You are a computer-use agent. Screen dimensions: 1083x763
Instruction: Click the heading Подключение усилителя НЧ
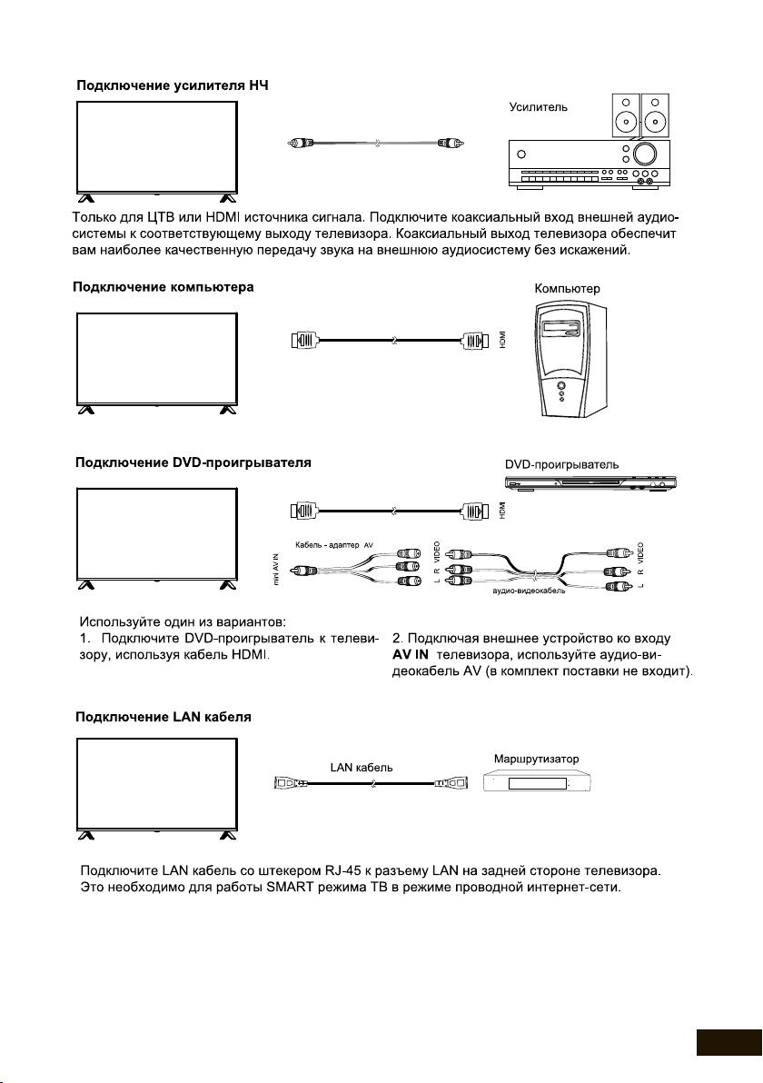(x=172, y=85)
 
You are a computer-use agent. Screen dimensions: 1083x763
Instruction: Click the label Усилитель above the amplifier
(x=539, y=107)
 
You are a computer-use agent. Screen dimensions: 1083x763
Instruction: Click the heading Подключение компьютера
(x=163, y=287)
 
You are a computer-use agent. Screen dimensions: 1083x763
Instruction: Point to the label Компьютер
(x=568, y=289)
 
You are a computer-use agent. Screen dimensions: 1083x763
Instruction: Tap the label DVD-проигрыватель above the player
(x=562, y=464)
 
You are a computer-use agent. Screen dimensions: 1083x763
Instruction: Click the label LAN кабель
(x=362, y=767)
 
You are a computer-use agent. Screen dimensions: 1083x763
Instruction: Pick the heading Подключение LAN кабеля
(x=163, y=717)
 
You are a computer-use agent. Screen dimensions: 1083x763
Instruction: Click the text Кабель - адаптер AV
(x=334, y=543)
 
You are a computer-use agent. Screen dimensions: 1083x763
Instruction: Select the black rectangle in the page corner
(x=729, y=1043)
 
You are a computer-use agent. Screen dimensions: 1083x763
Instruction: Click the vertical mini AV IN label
(x=276, y=572)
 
